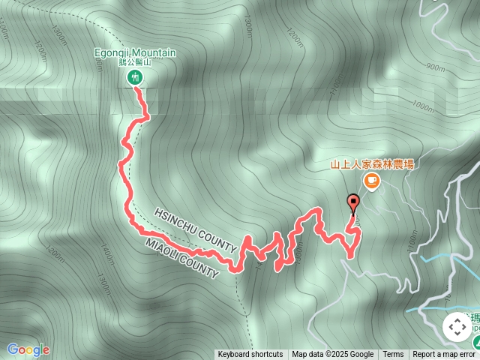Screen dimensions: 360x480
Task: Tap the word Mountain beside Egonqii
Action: click(x=156, y=53)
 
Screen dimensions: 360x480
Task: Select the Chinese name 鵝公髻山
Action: click(x=135, y=64)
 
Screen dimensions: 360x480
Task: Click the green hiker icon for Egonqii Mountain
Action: click(x=136, y=76)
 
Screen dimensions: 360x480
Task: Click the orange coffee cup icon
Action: click(x=371, y=181)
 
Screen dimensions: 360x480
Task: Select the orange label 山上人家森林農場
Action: click(x=373, y=163)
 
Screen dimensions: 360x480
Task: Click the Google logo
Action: click(x=28, y=349)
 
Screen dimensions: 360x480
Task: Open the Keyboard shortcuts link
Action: click(x=250, y=355)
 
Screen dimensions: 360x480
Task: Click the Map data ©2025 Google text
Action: click(x=332, y=355)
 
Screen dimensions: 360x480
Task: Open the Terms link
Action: click(x=393, y=355)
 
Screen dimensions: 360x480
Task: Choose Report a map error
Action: click(x=445, y=355)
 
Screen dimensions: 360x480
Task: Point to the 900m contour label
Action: click(x=435, y=67)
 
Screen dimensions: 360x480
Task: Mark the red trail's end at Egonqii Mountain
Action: click(x=136, y=88)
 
